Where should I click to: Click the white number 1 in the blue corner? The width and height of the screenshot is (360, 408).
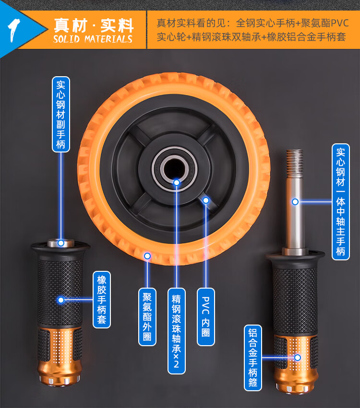click(13, 30)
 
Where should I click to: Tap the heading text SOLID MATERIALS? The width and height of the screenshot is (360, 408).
click(93, 39)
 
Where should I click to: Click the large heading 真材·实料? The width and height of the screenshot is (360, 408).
click(94, 25)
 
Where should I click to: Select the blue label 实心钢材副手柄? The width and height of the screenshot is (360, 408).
click(61, 114)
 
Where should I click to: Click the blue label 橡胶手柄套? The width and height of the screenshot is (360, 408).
click(102, 300)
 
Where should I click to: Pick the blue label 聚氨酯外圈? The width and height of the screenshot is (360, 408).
click(147, 317)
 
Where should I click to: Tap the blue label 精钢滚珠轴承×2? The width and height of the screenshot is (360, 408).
click(177, 331)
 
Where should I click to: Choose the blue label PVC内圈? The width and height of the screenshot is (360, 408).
click(206, 317)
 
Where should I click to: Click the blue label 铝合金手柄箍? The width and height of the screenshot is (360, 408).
click(253, 358)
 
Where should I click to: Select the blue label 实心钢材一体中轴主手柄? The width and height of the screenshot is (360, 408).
click(341, 202)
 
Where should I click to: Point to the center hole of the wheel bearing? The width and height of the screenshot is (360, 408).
click(175, 168)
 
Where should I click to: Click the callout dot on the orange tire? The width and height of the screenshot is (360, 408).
click(147, 256)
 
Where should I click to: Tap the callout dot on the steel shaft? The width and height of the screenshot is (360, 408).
click(295, 202)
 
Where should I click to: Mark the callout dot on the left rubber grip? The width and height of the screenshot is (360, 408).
click(61, 300)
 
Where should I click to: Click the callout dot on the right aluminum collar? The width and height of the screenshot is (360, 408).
click(298, 358)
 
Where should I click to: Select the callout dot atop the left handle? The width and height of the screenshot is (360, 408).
click(61, 243)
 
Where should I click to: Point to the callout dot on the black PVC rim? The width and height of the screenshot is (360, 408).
click(206, 200)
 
